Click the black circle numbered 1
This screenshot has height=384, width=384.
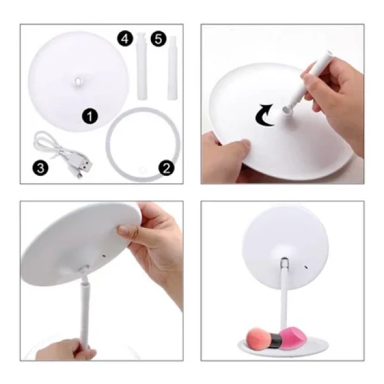[x=90, y=116]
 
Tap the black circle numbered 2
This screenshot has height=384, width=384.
[x=166, y=168]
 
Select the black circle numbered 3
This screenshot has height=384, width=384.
[x=40, y=168]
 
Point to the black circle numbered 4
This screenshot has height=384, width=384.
[x=125, y=38]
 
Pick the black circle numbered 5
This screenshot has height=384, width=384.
[x=159, y=39]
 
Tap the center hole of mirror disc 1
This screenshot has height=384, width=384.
[x=78, y=81]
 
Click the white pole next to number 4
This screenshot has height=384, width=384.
[x=142, y=66]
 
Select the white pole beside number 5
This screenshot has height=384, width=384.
[x=172, y=68]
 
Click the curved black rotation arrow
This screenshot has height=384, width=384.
[x=264, y=115]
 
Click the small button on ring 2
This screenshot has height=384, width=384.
[x=142, y=170]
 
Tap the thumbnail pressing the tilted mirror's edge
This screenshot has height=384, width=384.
[x=127, y=230]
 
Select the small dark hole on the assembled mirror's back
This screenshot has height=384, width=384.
[x=306, y=266]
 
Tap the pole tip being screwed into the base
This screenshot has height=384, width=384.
[x=288, y=109]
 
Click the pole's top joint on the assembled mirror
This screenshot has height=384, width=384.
[x=284, y=262]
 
